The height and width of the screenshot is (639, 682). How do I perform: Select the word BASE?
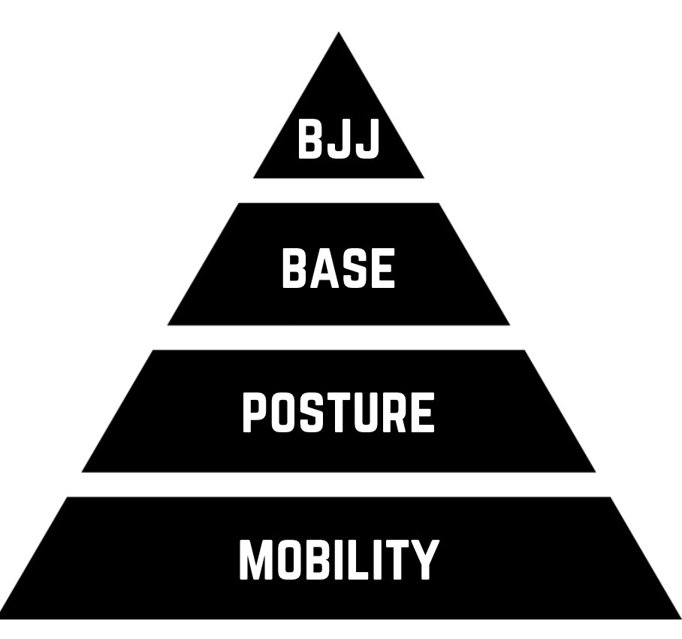pos(338,269)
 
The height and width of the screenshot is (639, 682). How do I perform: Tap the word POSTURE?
pos(338,413)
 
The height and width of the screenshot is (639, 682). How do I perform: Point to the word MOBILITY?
pos(338,560)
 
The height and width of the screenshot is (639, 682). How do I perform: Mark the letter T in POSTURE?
pos(336,413)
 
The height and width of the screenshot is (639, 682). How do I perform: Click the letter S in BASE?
pos(354,269)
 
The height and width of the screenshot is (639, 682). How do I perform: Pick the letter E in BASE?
pos(382,269)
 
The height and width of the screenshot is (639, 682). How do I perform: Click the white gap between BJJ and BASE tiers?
pos(339,190)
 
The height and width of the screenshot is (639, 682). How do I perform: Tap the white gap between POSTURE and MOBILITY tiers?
pos(339,484)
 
